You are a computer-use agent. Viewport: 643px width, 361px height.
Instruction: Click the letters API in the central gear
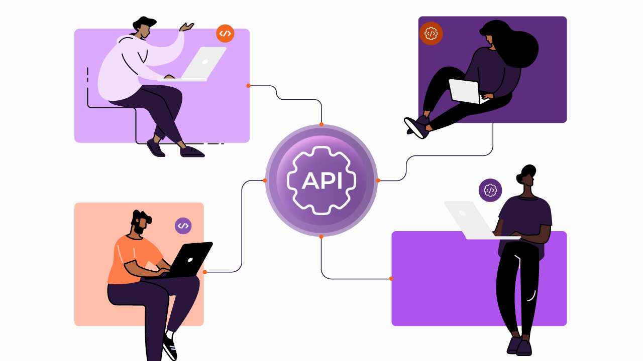point(321,180)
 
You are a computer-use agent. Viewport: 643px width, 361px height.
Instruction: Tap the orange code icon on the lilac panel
point(225,34)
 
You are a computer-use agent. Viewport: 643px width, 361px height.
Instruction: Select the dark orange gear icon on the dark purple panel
point(431,34)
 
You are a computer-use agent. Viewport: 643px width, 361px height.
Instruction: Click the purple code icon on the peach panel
point(183,226)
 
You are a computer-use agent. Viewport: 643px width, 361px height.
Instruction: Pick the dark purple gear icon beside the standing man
point(490,190)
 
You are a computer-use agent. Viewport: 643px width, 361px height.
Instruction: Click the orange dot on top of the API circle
point(321,124)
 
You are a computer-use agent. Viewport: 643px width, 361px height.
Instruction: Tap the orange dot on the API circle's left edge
point(265,180)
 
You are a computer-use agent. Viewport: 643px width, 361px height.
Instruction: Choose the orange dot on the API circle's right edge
point(378,180)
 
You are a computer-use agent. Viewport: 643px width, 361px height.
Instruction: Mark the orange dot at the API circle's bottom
point(321,237)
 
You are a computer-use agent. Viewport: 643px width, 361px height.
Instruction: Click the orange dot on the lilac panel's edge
point(248,86)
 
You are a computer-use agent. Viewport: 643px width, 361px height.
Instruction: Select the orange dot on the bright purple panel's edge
point(391,279)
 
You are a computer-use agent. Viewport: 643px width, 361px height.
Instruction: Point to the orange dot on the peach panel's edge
point(204,272)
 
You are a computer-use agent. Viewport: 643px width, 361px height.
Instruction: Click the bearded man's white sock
point(170,334)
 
